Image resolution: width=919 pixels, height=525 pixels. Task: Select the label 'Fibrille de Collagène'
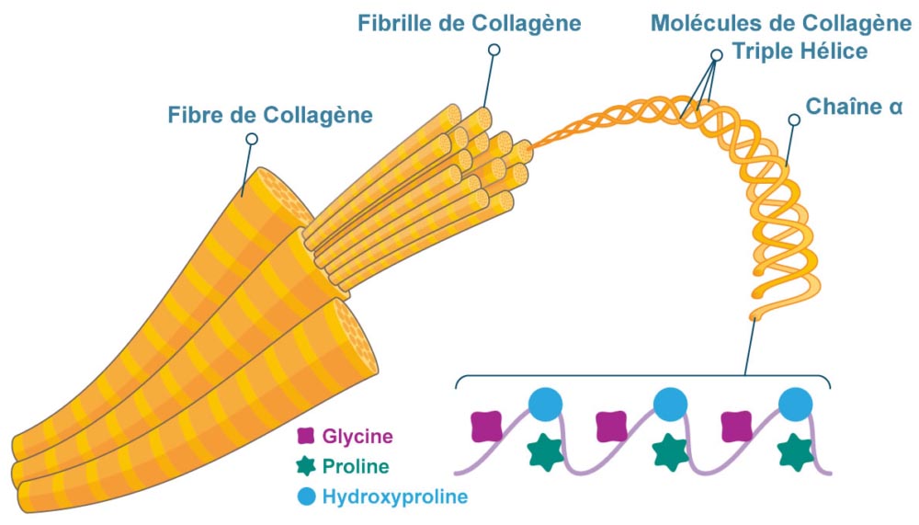click(469, 23)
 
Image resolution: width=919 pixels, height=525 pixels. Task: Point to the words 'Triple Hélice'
click(799, 51)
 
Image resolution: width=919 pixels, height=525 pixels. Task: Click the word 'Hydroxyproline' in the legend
click(394, 497)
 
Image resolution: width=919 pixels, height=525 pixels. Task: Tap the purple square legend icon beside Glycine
click(306, 435)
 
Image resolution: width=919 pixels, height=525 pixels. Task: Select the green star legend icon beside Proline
click(306, 466)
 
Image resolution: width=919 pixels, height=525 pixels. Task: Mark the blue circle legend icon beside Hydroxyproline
click(306, 497)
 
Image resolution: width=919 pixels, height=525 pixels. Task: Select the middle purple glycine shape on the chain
click(612, 426)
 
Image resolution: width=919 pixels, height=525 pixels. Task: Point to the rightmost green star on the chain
click(795, 453)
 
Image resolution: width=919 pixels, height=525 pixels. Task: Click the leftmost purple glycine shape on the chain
click(487, 426)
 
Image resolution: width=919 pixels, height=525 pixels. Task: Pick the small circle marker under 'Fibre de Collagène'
click(251, 139)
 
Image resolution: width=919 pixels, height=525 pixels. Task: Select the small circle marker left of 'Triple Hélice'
click(717, 55)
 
